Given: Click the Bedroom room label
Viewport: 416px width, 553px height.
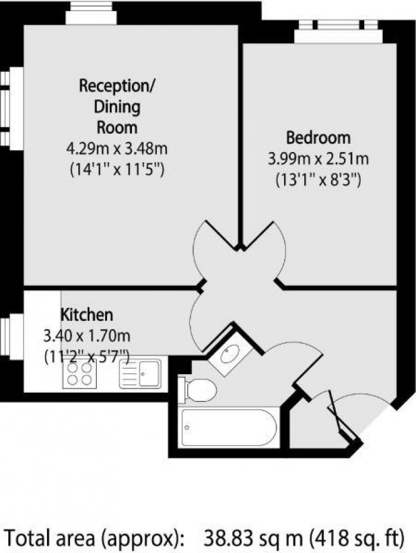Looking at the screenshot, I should pyautogui.click(x=318, y=138).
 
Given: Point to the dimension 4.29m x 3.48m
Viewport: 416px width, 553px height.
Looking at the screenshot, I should pyautogui.click(x=116, y=148).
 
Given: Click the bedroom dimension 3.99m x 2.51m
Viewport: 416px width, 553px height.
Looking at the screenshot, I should pyautogui.click(x=318, y=159).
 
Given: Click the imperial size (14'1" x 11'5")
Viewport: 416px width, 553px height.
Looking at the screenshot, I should pyautogui.click(x=116, y=169).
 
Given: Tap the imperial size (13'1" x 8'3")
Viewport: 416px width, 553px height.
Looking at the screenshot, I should pyautogui.click(x=318, y=179).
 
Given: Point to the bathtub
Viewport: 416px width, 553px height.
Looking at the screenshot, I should pyautogui.click(x=229, y=428).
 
